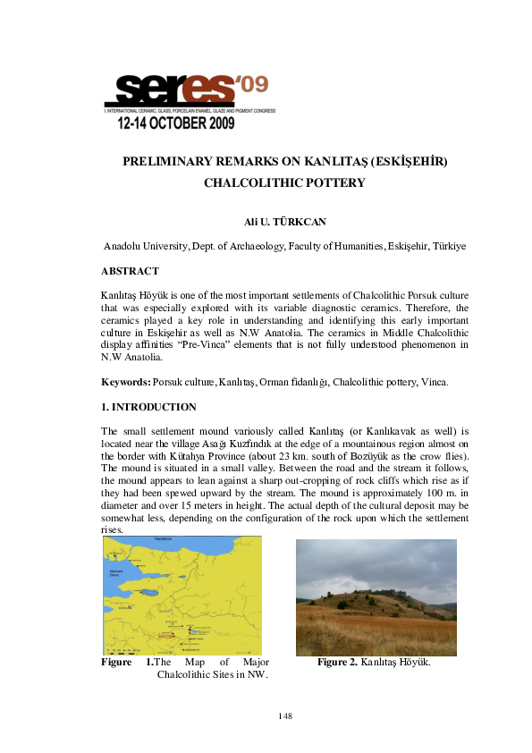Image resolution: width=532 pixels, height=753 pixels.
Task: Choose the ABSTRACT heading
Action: point(131,271)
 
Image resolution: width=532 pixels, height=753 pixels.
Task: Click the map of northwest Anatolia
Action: point(182,595)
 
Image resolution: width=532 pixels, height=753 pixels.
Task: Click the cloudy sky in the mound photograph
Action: point(376,563)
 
